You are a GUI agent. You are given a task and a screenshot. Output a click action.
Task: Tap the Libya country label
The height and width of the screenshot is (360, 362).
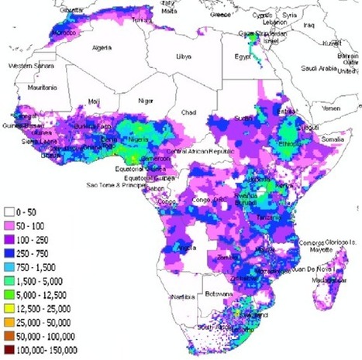[183, 57]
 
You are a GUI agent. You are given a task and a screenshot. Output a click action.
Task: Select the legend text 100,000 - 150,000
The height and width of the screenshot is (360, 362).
[48, 351]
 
